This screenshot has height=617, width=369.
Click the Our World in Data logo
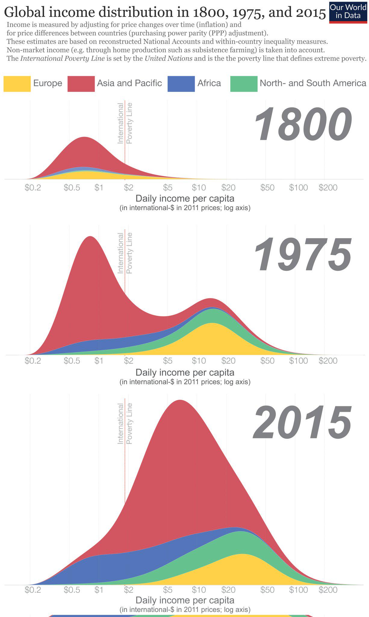pos(348,12)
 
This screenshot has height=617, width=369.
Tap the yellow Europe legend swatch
pos(17,84)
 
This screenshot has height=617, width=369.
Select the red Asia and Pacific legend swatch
pos(81,84)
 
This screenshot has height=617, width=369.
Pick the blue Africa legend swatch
pos(181,84)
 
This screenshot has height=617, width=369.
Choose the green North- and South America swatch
pos(243,84)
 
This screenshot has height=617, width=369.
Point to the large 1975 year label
pos(302,255)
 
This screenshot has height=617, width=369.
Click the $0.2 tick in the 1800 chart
pos(33,188)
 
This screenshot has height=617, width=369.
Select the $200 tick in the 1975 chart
pos(328,361)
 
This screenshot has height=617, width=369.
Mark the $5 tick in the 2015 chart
pos(168,590)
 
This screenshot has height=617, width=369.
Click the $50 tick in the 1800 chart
pos(267,188)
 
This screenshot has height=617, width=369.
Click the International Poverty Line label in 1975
pos(125,253)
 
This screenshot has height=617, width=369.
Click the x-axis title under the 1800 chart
pos(185,199)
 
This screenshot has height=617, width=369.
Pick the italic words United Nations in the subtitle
pos(168,58)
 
